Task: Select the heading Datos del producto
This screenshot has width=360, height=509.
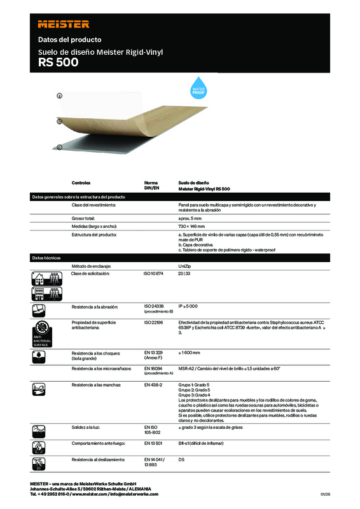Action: pos(61,39)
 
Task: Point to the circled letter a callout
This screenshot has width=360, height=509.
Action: pos(59,95)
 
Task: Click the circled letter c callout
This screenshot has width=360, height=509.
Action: pos(59,147)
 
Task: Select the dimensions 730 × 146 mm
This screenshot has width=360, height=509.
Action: pos(193,227)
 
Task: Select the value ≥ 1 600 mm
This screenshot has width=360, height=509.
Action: pos(192,352)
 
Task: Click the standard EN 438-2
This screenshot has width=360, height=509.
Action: pos(154,386)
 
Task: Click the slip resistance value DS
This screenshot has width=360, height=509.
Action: pos(182,459)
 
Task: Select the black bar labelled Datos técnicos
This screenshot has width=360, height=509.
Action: pos(180,257)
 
